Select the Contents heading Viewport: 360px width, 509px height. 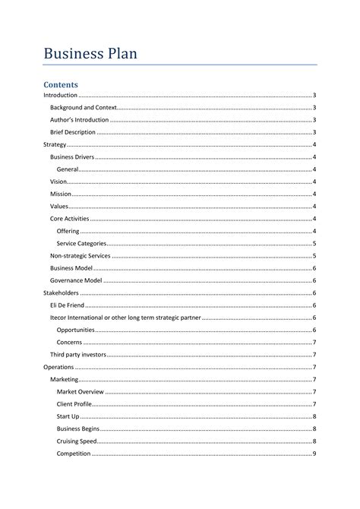pyautogui.click(x=61, y=84)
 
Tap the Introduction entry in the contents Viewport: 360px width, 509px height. pyautogui.click(x=60, y=95)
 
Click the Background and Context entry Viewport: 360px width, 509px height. pyautogui.click(x=84, y=108)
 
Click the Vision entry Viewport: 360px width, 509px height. pyautogui.click(x=58, y=182)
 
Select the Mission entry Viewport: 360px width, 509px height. pyautogui.click(x=61, y=194)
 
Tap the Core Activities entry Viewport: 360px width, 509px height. pyautogui.click(x=70, y=219)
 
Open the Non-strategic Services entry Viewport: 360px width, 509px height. pyautogui.click(x=81, y=256)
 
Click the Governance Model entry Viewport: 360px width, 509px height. pyautogui.click(x=76, y=280)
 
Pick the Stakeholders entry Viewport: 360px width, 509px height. pyautogui.click(x=61, y=292)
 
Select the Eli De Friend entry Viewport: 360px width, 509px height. pyautogui.click(x=68, y=305)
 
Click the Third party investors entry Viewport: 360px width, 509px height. pyautogui.click(x=78, y=355)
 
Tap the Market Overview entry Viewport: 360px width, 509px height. pyautogui.click(x=81, y=391)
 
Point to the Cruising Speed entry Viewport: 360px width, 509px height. pyautogui.click(x=77, y=441)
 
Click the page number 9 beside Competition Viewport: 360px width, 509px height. pyautogui.click(x=314, y=454)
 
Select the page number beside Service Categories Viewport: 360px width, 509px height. pyautogui.click(x=314, y=243)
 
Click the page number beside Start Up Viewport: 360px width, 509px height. pyautogui.click(x=314, y=416)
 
